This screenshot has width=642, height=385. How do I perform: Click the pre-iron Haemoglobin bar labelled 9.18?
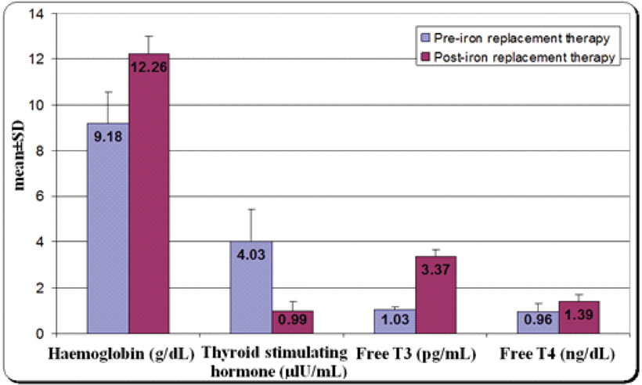point(108,235)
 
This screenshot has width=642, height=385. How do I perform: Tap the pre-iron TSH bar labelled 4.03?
point(251,290)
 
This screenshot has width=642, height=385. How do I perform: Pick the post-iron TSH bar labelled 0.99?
point(293,322)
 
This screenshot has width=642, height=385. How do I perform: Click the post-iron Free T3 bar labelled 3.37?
point(436,297)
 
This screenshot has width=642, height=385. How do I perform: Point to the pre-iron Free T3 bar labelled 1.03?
point(395,322)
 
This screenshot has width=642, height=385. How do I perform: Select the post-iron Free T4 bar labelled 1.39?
point(579,318)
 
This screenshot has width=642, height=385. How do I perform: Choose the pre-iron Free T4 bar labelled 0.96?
point(539,322)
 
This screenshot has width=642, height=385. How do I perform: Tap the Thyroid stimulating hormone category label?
point(272,360)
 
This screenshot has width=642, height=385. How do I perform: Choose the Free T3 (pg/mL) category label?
point(416,353)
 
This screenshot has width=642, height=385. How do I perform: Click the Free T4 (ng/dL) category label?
point(559,353)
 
